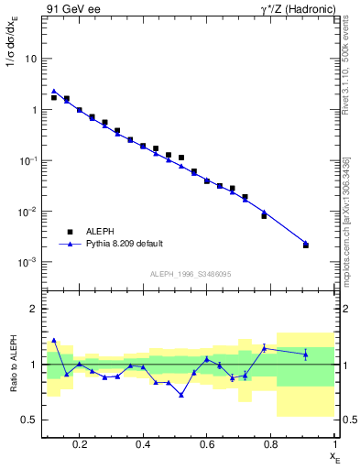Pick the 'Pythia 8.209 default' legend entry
coord(124,244)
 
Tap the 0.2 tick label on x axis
coord(81,444)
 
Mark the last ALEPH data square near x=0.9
coord(306,245)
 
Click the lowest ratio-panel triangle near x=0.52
coord(181,395)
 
